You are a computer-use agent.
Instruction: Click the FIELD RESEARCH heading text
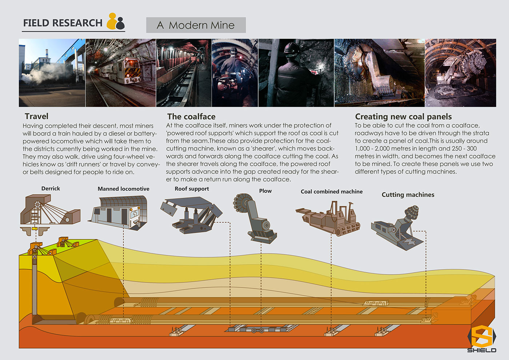pyautogui.click(x=63, y=23)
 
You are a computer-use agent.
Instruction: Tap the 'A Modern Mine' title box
pyautogui.click(x=196, y=25)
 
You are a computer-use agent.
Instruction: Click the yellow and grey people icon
pyautogui.click(x=116, y=21)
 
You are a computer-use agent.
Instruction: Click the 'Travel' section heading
pyautogui.click(x=36, y=116)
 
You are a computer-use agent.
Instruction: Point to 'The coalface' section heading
pyautogui.click(x=191, y=117)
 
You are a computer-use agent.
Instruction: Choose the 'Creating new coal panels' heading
pyautogui.click(x=403, y=117)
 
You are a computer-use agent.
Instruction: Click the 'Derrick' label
pyautogui.click(x=51, y=188)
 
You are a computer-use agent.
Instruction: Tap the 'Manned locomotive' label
pyautogui.click(x=123, y=189)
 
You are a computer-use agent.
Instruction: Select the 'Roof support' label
pyautogui.click(x=192, y=189)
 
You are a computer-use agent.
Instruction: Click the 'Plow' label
pyautogui.click(x=265, y=191)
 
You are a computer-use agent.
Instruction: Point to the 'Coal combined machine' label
pyautogui.click(x=332, y=192)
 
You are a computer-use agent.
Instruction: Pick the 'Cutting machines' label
pyautogui.click(x=408, y=195)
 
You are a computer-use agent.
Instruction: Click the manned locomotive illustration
pyautogui.click(x=118, y=213)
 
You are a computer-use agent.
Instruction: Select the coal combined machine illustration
pyautogui.click(x=329, y=220)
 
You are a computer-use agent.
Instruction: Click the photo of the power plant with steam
pyautogui.click(x=52, y=73)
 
